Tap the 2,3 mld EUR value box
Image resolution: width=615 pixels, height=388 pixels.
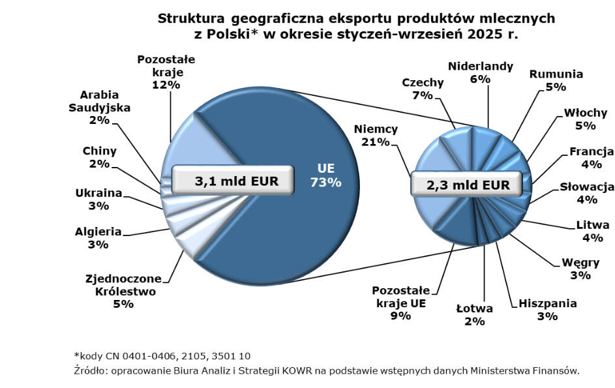(468, 185)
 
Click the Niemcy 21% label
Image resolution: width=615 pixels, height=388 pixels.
(376, 135)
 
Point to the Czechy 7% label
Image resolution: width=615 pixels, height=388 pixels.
(423, 89)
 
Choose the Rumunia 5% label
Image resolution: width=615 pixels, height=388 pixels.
(556, 80)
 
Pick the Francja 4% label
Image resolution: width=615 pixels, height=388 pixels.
(591, 158)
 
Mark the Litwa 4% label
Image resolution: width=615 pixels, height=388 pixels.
(592, 231)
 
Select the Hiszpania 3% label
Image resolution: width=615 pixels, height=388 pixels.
(547, 310)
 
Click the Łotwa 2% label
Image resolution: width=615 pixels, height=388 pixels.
(474, 314)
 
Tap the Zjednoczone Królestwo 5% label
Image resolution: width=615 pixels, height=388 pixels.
(123, 291)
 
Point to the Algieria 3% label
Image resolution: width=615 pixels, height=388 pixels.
(98, 237)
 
